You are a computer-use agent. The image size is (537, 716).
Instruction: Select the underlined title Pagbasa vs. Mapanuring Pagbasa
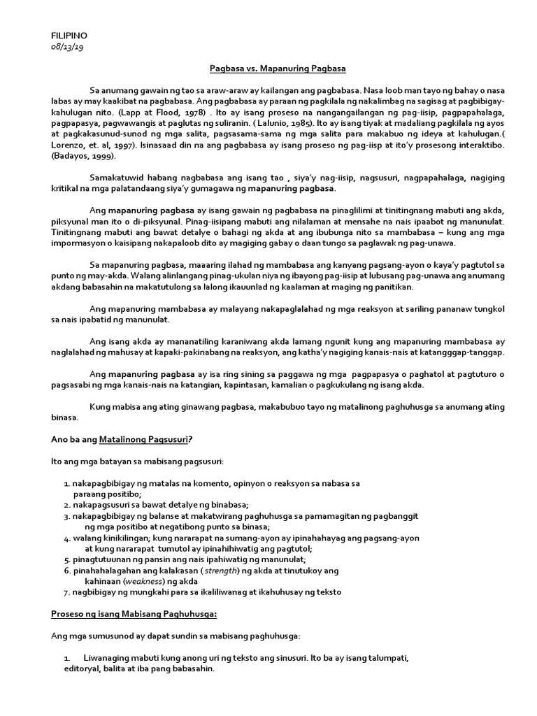[268, 69]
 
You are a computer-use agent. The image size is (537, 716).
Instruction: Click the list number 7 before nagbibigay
[65, 592]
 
